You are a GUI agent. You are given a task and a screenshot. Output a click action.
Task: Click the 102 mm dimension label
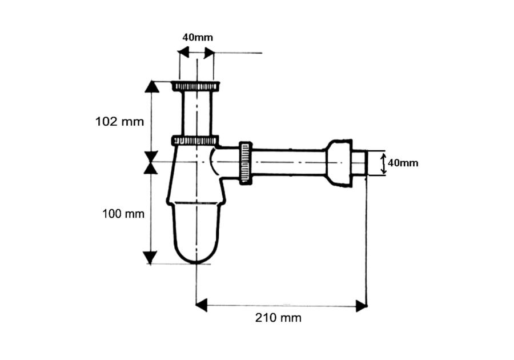point(119,122)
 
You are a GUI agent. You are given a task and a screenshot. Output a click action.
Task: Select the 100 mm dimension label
point(123,214)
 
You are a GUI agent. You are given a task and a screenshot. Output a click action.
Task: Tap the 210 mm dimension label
point(278,318)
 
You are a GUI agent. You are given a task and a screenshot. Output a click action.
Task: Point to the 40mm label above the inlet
point(198,37)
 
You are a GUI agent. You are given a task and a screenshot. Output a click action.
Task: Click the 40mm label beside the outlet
point(403,163)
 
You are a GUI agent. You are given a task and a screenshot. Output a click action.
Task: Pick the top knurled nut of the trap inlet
point(196,86)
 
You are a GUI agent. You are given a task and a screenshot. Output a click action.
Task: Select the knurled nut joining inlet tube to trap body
point(195,141)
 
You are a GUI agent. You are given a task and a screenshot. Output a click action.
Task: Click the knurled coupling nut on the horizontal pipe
point(246,163)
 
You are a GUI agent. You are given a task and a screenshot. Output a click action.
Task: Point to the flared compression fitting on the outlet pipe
point(339,163)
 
